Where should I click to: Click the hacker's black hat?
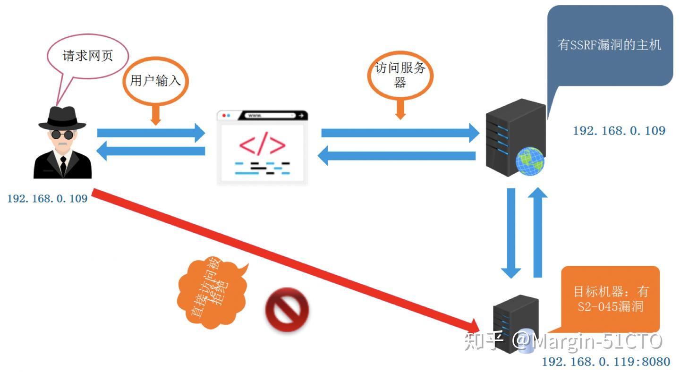pos(62,118)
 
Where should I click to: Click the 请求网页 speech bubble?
pos(88,56)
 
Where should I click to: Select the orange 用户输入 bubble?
pos(155,81)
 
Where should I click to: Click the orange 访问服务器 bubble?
pos(400,75)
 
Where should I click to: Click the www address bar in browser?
pos(269,116)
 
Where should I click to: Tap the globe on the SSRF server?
pos(529,161)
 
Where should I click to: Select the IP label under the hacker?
pos(47,199)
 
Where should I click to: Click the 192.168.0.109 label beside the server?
pos(619,131)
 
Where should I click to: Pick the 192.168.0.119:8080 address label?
pos(605,362)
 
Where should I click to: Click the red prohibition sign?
pos(287,310)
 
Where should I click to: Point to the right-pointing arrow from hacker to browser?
pos(151,133)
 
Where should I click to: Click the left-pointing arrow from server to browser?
pos(397,156)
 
